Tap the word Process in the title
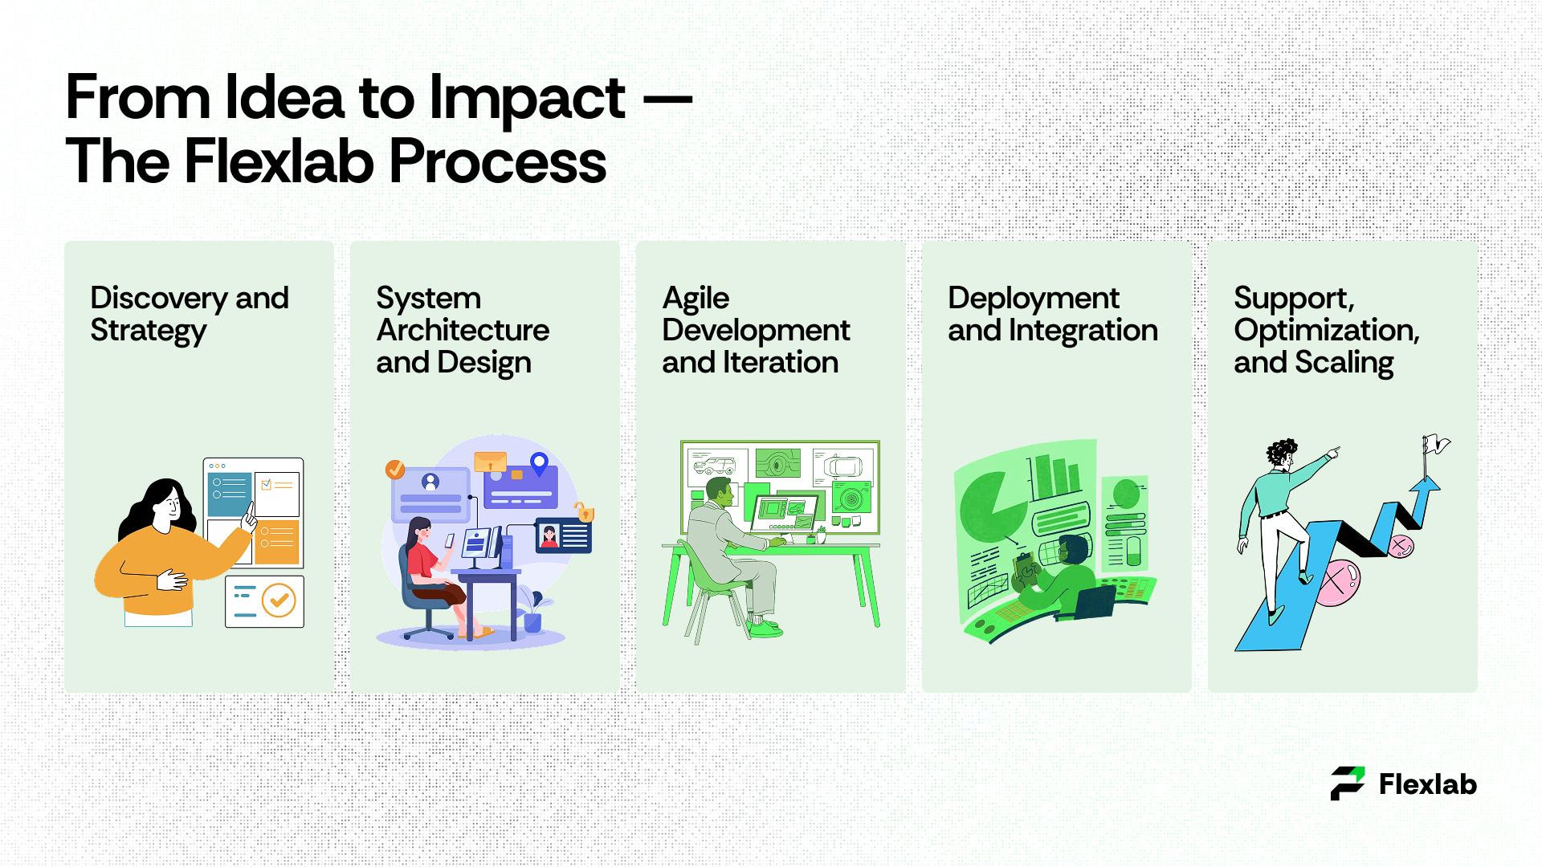[x=498, y=161]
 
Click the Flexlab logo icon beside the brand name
[x=1348, y=784]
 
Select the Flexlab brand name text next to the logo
[x=1428, y=784]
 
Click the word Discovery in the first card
[x=158, y=299]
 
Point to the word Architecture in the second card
[x=463, y=330]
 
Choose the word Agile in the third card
[x=696, y=299]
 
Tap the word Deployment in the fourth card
[x=1034, y=299]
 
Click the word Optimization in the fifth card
[x=1327, y=331]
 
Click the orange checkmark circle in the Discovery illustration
[x=279, y=600]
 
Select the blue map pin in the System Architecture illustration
[x=540, y=463]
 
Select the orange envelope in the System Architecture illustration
[x=490, y=462]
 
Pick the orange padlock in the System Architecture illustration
[x=584, y=511]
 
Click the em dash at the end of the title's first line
[x=668, y=100]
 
